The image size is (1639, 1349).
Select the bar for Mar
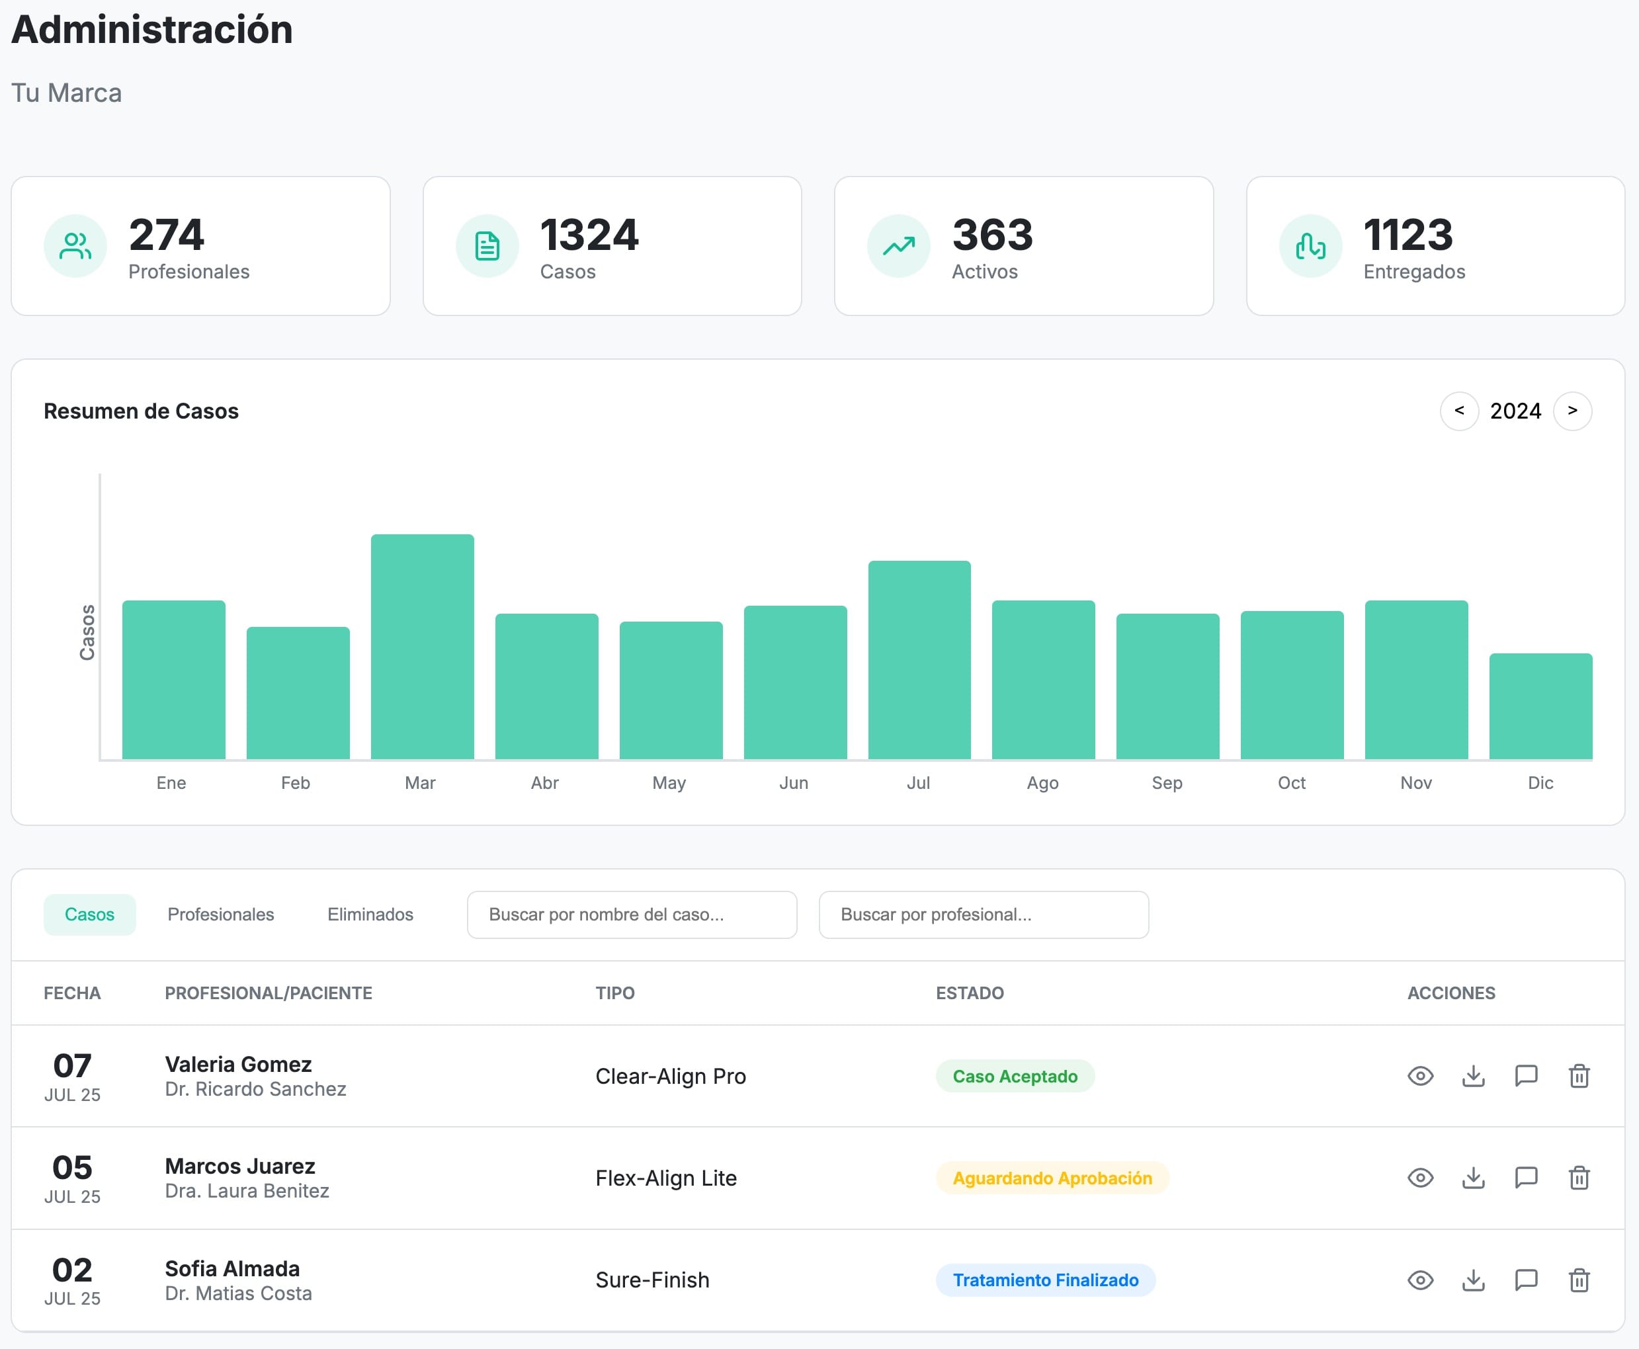(422, 647)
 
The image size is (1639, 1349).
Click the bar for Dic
(1540, 706)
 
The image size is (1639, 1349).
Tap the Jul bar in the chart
(919, 660)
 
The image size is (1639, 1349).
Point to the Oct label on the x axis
(1291, 782)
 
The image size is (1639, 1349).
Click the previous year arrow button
(1458, 410)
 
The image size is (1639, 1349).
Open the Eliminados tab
(370, 915)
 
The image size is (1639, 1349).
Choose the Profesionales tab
(221, 915)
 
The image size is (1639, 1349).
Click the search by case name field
(631, 915)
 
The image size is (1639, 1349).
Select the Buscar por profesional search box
(983, 915)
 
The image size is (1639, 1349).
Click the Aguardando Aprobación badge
(1052, 1178)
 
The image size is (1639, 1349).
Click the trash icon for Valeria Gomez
(1578, 1077)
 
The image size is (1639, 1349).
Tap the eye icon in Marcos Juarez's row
(1420, 1178)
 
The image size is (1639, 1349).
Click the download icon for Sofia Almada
(1473, 1280)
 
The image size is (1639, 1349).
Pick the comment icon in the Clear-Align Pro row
(1525, 1077)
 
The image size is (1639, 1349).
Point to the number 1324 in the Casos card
(589, 235)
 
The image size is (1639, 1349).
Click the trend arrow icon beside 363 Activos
(898, 247)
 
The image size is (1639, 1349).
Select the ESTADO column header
(969, 993)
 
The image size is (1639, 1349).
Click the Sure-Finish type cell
(652, 1280)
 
